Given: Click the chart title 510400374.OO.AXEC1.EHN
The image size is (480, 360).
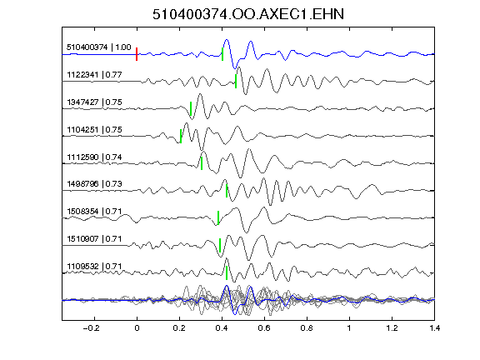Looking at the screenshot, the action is pyautogui.click(x=248, y=14).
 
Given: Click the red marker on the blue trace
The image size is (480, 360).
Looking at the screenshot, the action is pyautogui.click(x=137, y=54).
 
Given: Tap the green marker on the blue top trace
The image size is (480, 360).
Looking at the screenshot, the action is pyautogui.click(x=222, y=54).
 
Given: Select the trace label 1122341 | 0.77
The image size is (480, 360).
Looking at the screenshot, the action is pyautogui.click(x=94, y=75).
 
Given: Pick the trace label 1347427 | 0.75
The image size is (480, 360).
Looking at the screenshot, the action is pyautogui.click(x=94, y=102).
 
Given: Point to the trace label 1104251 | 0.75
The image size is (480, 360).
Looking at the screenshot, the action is pyautogui.click(x=94, y=129).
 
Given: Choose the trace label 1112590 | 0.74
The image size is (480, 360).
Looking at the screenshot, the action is pyautogui.click(x=94, y=157).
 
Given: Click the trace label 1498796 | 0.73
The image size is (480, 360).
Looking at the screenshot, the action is pyautogui.click(x=94, y=183).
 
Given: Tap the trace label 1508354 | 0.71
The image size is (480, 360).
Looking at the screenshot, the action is pyautogui.click(x=94, y=211).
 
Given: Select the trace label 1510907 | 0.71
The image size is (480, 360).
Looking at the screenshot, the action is pyautogui.click(x=94, y=239).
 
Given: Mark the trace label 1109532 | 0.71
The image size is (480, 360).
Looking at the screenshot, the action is pyautogui.click(x=94, y=267).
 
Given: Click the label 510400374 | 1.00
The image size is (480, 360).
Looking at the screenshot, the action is pyautogui.click(x=99, y=47).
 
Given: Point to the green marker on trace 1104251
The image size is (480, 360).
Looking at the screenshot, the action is pyautogui.click(x=181, y=136).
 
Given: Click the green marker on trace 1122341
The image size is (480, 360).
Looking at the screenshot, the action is pyautogui.click(x=236, y=81).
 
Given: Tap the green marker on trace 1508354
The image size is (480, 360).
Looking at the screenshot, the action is pyautogui.click(x=218, y=217).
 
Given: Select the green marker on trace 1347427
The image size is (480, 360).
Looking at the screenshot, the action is pyautogui.click(x=191, y=108).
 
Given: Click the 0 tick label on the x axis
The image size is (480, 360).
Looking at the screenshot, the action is pyautogui.click(x=137, y=328).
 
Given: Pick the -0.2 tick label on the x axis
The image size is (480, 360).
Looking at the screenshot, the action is pyautogui.click(x=91, y=328).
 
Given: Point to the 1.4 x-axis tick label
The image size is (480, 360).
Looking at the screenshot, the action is pyautogui.click(x=434, y=328).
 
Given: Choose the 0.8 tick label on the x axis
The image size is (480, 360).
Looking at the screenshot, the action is pyautogui.click(x=307, y=328).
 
